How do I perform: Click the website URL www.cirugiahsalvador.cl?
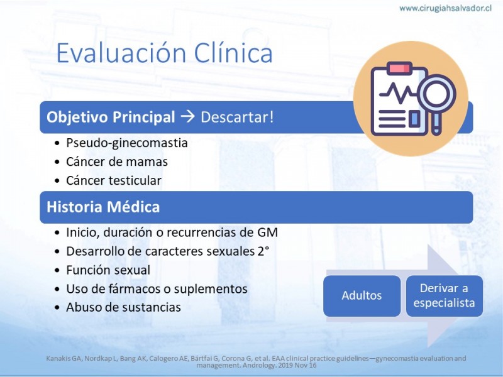pos(445,8)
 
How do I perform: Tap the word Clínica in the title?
pos(233,53)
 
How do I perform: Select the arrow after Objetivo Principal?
pos(187,117)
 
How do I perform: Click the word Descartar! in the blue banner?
pos(237,117)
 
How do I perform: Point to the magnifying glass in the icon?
pos(436,96)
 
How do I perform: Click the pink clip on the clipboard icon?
pos(399,68)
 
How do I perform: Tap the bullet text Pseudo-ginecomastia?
pos(127,143)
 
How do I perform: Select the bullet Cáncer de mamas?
pos(117,161)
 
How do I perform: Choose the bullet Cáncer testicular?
pos(114,180)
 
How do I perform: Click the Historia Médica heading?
pos(103,207)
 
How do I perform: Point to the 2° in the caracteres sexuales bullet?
pos(263,251)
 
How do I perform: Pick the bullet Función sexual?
pos(108,270)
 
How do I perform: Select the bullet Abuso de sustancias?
pos(123,307)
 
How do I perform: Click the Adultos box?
pos(362,295)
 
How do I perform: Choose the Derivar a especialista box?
pos(445,295)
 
